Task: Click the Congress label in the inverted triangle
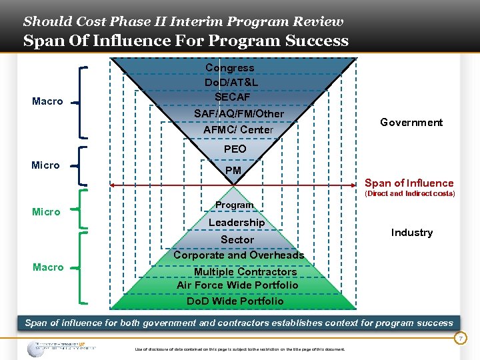coord(230,68)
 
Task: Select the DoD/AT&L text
coord(232,83)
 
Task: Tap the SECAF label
coord(233,97)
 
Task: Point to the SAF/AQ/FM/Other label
coord(239,114)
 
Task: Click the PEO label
coord(235,149)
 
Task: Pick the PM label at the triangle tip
coord(233,171)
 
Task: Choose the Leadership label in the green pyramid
coord(237,223)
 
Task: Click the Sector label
coord(237,240)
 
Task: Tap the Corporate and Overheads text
coord(239,255)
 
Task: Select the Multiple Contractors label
coord(245,272)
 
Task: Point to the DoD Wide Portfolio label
coord(235,301)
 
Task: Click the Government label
coord(411,123)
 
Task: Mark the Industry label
coord(412,233)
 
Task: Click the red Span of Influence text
coord(409,183)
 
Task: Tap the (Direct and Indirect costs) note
coord(409,194)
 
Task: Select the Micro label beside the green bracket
coord(46,212)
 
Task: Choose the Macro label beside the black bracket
coord(48,101)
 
